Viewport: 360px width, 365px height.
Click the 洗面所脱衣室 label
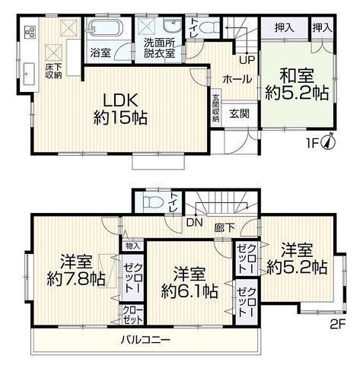(x=160, y=49)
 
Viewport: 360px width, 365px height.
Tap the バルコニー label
(x=145, y=339)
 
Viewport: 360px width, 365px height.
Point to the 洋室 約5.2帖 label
(x=298, y=259)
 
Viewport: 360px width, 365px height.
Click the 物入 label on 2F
(x=132, y=246)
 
